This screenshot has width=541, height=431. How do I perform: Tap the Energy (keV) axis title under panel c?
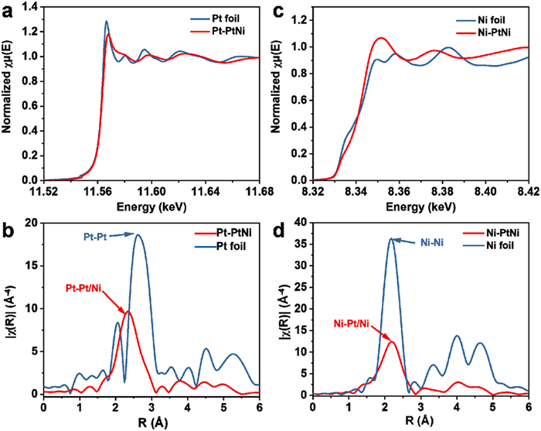(x=420, y=206)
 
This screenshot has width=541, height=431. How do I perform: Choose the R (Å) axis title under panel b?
(x=152, y=422)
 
